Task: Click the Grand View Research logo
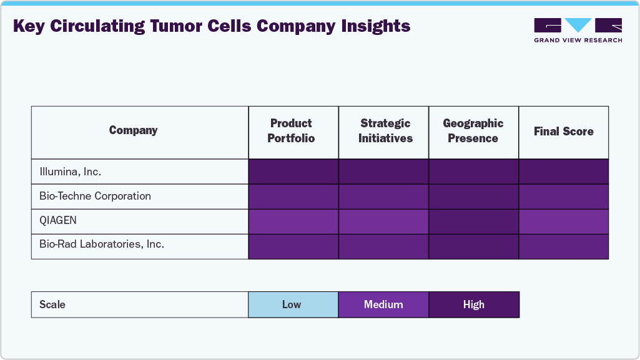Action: click(x=578, y=30)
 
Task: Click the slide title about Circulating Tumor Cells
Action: click(x=212, y=26)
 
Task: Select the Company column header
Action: click(x=133, y=130)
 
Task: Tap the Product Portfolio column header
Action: click(x=291, y=131)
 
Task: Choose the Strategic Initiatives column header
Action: click(x=385, y=131)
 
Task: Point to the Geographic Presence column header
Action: click(x=473, y=131)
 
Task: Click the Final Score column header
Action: click(x=563, y=131)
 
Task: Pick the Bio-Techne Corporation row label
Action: click(x=95, y=196)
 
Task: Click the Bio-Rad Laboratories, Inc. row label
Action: click(x=101, y=245)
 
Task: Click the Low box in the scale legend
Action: click(x=293, y=304)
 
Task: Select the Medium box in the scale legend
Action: click(x=383, y=304)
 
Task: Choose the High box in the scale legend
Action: click(x=473, y=304)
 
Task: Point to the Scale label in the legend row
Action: click(x=52, y=304)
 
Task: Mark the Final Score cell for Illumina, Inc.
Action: click(x=563, y=172)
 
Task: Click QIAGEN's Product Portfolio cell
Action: click(x=293, y=221)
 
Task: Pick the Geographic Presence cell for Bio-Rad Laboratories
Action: click(x=473, y=246)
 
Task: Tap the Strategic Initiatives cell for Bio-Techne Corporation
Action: click(x=383, y=197)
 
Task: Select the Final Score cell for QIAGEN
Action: click(x=563, y=221)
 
